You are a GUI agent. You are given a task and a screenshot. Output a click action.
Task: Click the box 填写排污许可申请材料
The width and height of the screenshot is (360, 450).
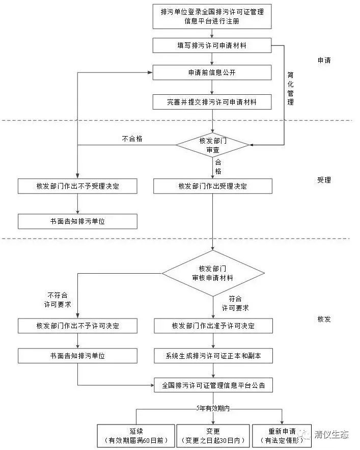point(212,46)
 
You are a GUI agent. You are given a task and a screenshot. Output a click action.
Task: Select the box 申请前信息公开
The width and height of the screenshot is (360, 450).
point(212,72)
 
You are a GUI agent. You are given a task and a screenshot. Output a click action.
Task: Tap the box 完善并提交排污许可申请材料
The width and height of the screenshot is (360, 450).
point(212,102)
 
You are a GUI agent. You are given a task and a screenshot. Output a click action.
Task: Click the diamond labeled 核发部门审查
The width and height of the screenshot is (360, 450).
point(213,146)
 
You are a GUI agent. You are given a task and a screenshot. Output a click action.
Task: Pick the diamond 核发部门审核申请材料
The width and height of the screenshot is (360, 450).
point(213,274)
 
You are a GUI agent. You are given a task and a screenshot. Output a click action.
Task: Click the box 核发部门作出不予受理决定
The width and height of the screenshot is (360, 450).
point(77,186)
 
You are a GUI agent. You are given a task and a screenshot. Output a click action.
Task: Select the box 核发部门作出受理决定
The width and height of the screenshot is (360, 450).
point(213,186)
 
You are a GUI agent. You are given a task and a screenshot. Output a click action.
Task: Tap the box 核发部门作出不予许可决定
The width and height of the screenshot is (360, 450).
point(77,326)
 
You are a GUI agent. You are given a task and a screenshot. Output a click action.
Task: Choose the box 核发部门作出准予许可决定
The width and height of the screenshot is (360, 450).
point(213,326)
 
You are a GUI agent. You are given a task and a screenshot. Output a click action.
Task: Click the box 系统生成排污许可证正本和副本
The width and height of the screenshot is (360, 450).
point(213,356)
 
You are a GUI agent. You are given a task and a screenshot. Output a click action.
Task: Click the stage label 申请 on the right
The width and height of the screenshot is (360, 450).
point(324,60)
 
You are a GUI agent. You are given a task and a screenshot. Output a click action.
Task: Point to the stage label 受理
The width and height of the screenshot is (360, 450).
point(324,180)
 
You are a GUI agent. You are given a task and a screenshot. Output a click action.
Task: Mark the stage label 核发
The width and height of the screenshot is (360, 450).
point(324,320)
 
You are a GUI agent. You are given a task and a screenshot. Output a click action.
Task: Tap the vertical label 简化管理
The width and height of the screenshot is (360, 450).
point(290,89)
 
